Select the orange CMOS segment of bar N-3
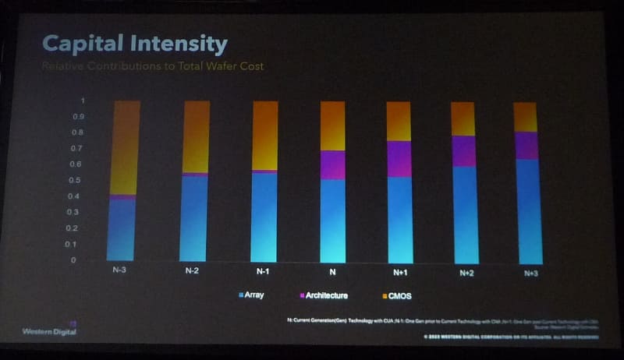click(x=126, y=146)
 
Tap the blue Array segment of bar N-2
click(x=195, y=218)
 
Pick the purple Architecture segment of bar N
click(x=333, y=164)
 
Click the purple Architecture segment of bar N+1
click(x=399, y=159)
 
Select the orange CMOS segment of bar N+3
click(x=526, y=117)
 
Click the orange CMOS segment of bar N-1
click(x=264, y=135)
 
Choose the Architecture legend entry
click(x=322, y=295)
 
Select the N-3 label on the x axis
click(x=122, y=272)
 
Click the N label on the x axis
click(x=333, y=272)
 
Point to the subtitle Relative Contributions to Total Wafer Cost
click(x=153, y=66)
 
